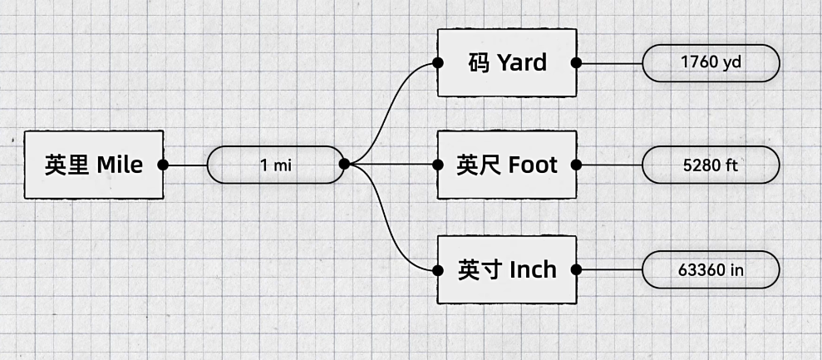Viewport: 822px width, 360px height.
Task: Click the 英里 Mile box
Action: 94,165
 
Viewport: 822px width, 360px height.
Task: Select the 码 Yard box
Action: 507,63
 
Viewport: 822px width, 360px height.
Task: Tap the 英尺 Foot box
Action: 507,165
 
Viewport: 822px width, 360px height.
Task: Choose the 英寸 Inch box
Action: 507,269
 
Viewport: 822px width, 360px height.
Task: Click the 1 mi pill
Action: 276,165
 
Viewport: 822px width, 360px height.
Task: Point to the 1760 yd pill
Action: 711,63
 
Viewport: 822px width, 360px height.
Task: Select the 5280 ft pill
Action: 711,165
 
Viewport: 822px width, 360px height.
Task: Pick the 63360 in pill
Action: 711,269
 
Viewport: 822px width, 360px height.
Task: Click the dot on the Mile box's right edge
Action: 163,165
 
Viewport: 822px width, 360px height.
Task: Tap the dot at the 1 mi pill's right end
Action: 344,165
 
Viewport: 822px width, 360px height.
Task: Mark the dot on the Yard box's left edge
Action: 438,63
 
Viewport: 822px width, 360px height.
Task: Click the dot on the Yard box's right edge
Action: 576,63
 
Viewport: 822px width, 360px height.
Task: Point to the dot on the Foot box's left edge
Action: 438,165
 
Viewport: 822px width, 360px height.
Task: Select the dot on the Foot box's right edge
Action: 576,165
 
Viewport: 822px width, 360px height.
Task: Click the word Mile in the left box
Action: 120,165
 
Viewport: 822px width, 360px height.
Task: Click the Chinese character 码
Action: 479,63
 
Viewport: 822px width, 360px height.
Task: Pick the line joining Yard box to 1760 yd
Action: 609,63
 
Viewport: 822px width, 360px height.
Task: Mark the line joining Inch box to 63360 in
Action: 609,269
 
